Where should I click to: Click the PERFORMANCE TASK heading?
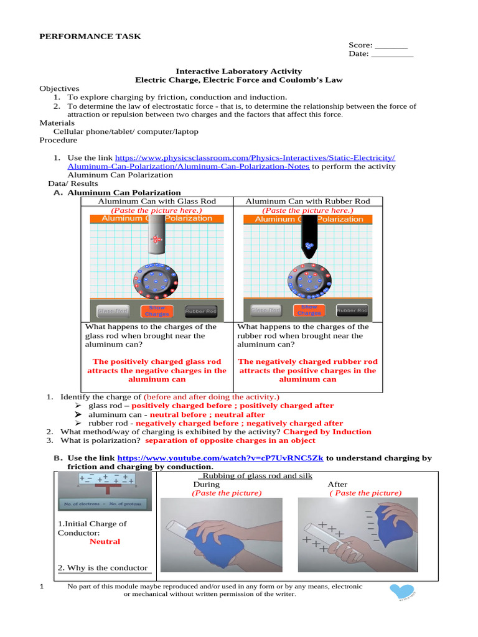(90, 36)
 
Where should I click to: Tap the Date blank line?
(391, 55)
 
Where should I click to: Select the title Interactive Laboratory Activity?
(238, 72)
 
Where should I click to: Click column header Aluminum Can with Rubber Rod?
(307, 201)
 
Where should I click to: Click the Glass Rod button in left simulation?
(113, 310)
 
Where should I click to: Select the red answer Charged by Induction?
(327, 432)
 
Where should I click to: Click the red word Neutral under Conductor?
(105, 541)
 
